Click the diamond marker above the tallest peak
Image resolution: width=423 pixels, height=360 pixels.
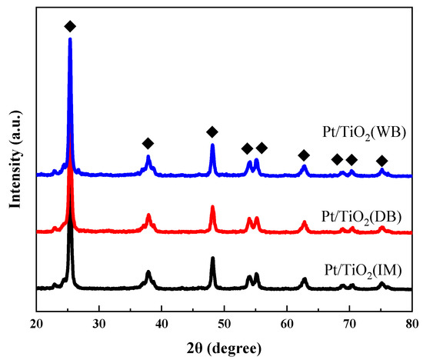[70, 26]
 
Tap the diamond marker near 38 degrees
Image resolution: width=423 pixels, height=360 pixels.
[148, 143]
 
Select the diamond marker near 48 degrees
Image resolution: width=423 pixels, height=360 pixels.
[212, 132]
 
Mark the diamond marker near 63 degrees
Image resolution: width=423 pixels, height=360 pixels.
[304, 155]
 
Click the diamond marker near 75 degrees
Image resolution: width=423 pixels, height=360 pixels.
[381, 160]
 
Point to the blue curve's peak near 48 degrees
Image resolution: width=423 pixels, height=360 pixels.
[212, 145]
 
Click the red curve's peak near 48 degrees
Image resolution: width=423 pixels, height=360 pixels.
[212, 207]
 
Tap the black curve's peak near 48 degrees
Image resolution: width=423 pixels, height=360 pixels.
[212, 258]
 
